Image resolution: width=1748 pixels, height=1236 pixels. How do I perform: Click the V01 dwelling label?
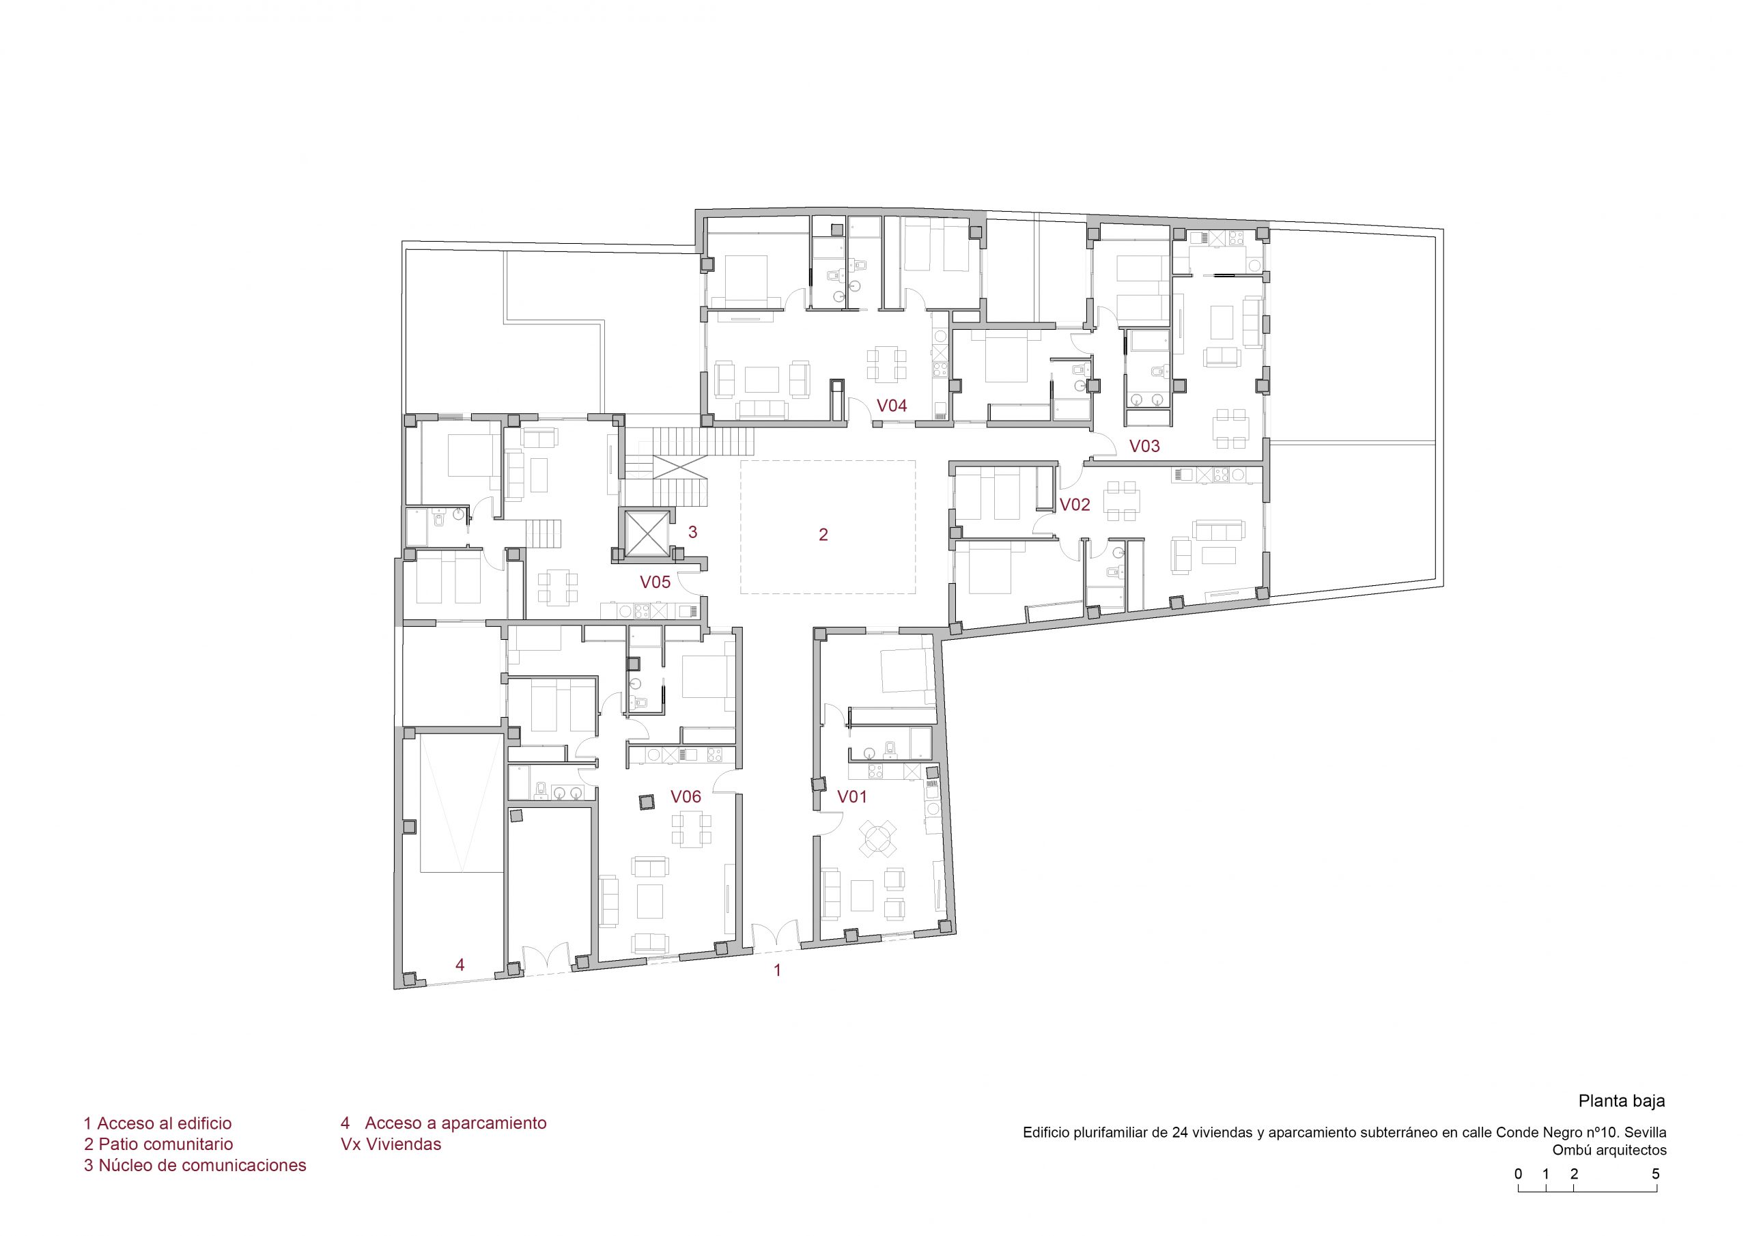click(852, 797)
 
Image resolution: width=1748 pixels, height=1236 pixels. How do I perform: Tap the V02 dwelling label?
click(1074, 504)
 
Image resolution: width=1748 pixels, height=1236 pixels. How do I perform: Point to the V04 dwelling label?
click(892, 405)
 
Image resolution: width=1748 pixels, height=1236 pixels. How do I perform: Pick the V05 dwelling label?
click(655, 582)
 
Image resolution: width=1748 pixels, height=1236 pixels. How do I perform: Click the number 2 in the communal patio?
click(823, 535)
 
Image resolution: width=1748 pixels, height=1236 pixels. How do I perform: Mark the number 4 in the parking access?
click(460, 965)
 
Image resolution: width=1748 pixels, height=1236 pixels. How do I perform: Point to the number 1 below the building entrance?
click(777, 971)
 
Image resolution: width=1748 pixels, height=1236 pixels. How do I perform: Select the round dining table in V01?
click(878, 840)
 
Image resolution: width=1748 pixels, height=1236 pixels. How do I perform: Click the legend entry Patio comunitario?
click(158, 1144)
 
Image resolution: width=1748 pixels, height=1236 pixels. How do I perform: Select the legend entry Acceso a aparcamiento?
click(444, 1123)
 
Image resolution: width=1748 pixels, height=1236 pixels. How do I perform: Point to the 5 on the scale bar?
click(1655, 1174)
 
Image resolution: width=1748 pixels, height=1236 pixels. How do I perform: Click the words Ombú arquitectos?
click(1609, 1151)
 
